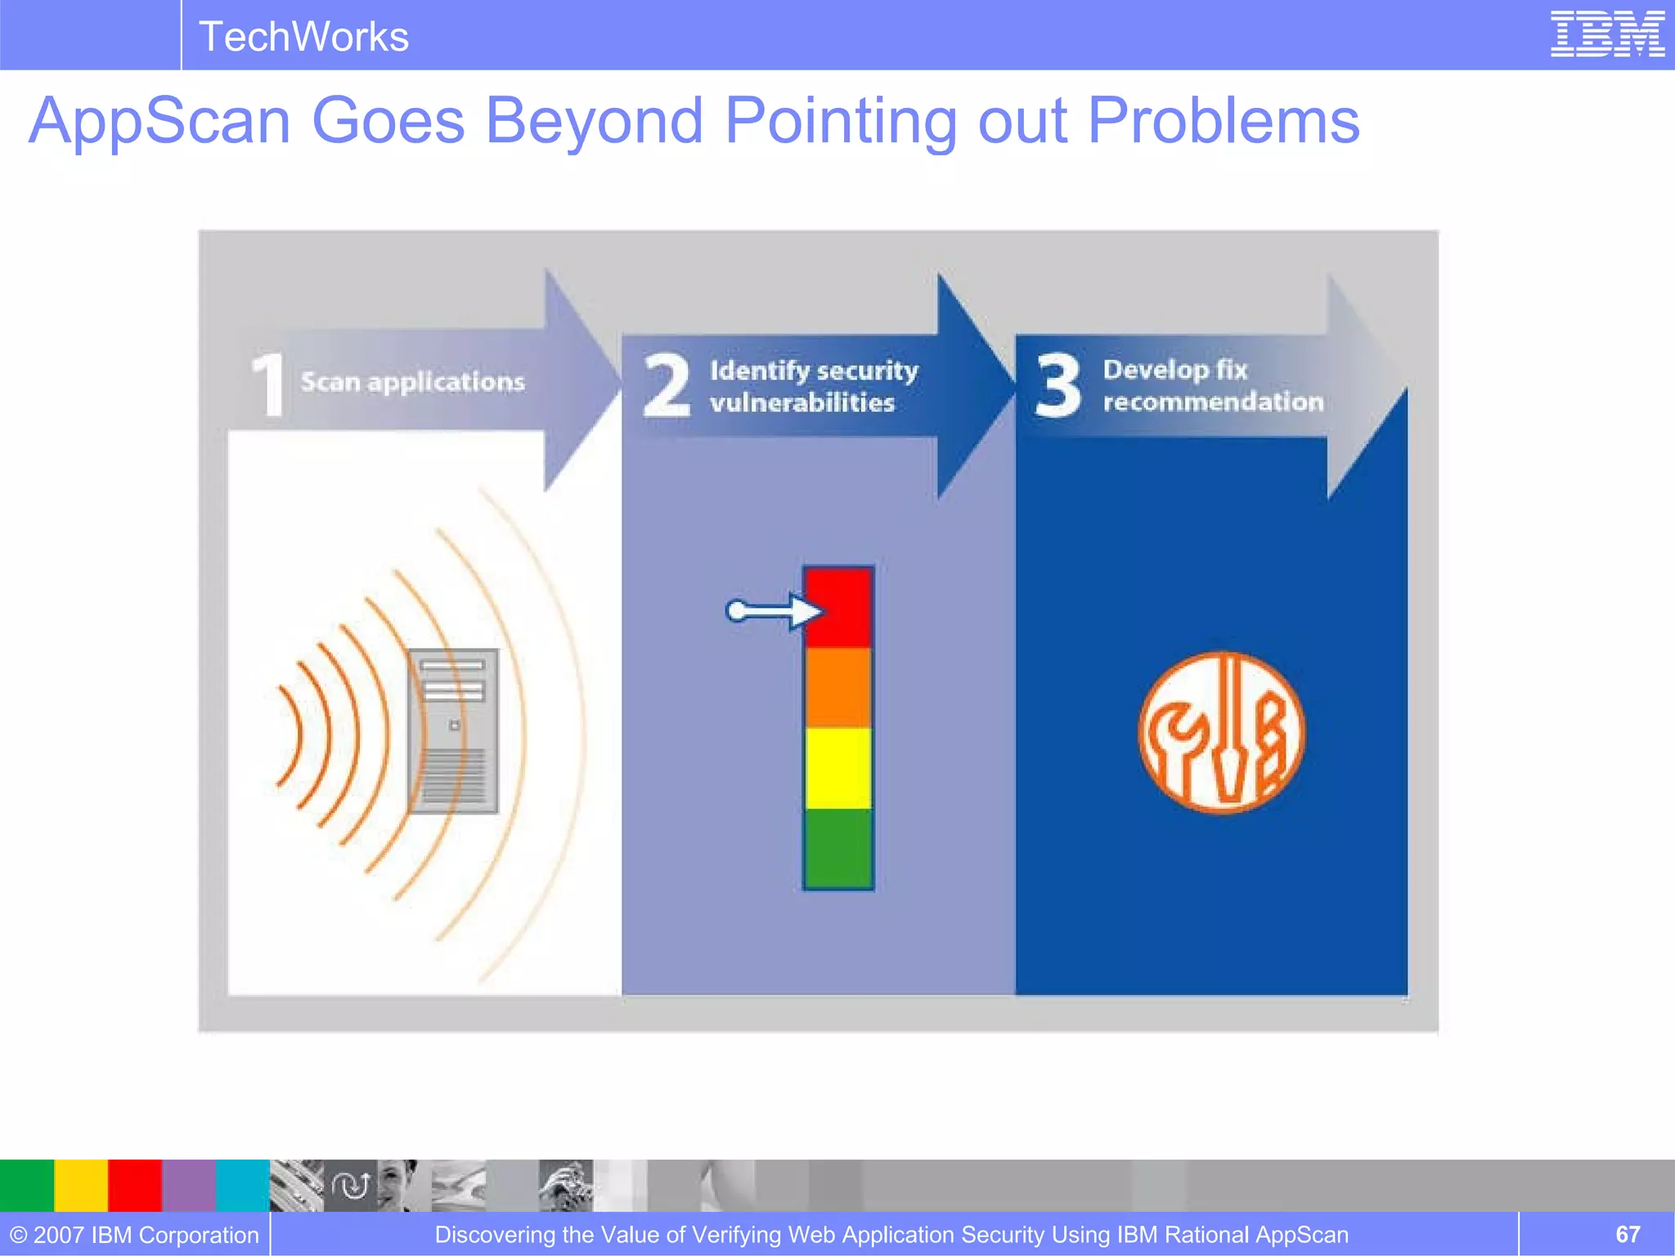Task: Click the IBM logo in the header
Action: pyautogui.click(x=1607, y=34)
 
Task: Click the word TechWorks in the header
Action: pyautogui.click(x=303, y=37)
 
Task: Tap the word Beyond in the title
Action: pyautogui.click(x=594, y=121)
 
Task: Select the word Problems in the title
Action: pyautogui.click(x=1223, y=121)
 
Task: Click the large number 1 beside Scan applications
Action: pyautogui.click(x=268, y=384)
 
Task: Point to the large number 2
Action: pyautogui.click(x=665, y=385)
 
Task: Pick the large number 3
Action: pyautogui.click(x=1058, y=384)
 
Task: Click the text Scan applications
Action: pyautogui.click(x=412, y=382)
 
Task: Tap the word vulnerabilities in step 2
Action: pyautogui.click(x=802, y=402)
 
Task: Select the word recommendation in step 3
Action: pyautogui.click(x=1212, y=401)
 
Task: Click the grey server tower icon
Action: pyautogui.click(x=453, y=730)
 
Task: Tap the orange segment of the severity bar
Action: pyautogui.click(x=838, y=687)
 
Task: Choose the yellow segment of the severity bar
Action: pyautogui.click(x=838, y=768)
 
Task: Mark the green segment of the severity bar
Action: pyautogui.click(x=838, y=847)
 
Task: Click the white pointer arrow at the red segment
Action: pyautogui.click(x=773, y=611)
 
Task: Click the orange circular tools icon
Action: pyautogui.click(x=1221, y=733)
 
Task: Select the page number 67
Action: pyautogui.click(x=1627, y=1234)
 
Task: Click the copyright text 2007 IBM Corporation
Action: pyautogui.click(x=135, y=1235)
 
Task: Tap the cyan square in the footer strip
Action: pyautogui.click(x=242, y=1185)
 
